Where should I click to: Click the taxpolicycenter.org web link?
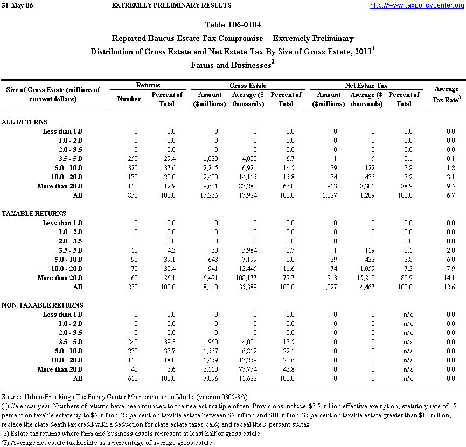pyautogui.click(x=416, y=5)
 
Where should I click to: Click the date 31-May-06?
pyautogui.click(x=15, y=5)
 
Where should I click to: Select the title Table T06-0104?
pyautogui.click(x=233, y=25)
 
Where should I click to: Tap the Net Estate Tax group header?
pyautogui.click(x=366, y=86)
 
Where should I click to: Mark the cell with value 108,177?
pyautogui.click(x=248, y=278)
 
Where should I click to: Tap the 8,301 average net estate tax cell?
pyautogui.click(x=367, y=186)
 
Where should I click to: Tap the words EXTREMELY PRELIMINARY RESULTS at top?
pyautogui.click(x=171, y=5)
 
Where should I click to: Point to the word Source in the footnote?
pyautogui.click(x=11, y=397)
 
